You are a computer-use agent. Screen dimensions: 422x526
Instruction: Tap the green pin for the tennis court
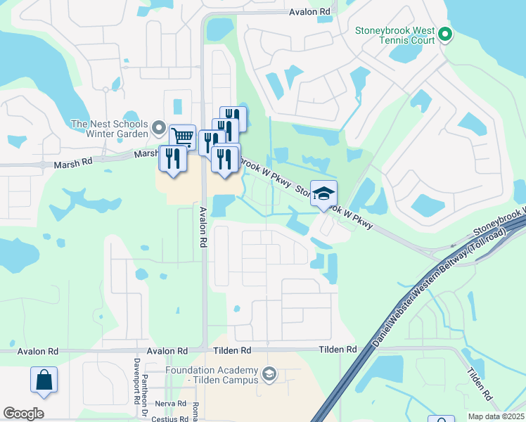[x=444, y=33]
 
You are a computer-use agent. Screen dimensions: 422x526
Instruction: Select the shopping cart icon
[x=182, y=136]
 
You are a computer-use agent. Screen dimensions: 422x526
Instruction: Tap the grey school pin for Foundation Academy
[x=268, y=372]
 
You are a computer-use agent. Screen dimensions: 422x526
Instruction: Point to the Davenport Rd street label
[x=135, y=381]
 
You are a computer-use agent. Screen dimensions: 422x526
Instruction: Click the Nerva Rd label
[x=171, y=404]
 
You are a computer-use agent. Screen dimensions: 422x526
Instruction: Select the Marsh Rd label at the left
[x=73, y=165]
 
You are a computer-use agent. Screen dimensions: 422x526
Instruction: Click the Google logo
[x=24, y=414]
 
